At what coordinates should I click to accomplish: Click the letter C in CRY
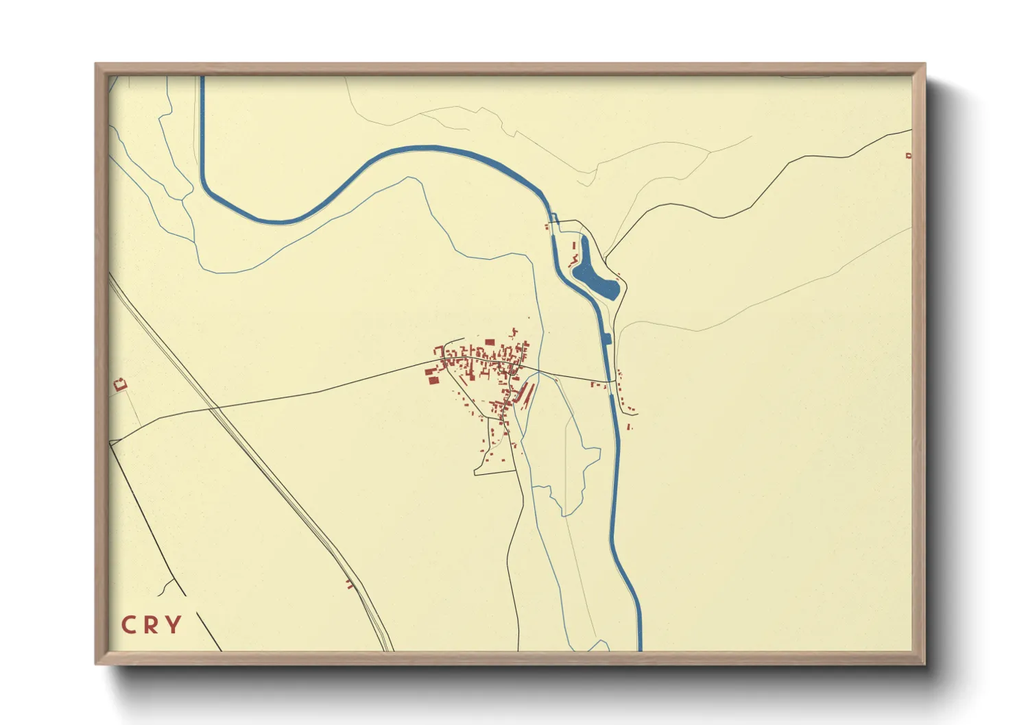point(128,625)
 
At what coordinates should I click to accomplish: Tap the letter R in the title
point(151,625)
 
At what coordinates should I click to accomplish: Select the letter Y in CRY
point(174,625)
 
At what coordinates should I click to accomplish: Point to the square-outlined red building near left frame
point(121,384)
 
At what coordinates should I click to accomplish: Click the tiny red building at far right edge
point(909,156)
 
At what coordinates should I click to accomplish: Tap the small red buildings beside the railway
point(350,584)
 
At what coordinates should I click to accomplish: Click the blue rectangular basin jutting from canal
point(606,338)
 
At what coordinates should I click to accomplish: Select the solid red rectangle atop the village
point(490,342)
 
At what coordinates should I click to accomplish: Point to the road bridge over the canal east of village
point(608,381)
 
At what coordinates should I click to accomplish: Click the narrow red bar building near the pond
point(574,245)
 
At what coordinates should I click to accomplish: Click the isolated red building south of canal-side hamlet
point(630,428)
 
